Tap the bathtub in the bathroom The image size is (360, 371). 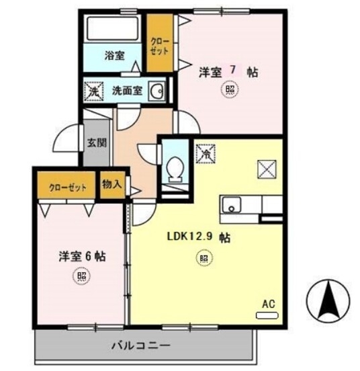click(x=112, y=28)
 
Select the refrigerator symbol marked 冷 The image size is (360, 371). click(x=204, y=154)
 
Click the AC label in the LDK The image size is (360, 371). click(x=269, y=304)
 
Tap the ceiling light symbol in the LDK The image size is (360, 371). click(x=202, y=257)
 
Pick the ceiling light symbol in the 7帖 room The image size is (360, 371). click(x=230, y=90)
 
